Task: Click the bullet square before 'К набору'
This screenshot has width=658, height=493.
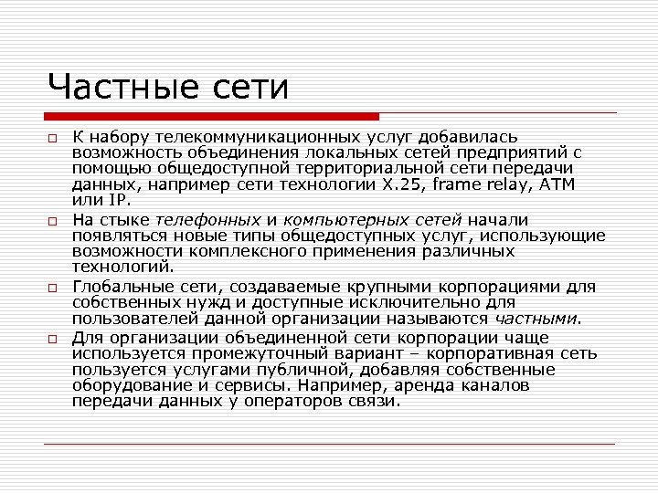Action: coord(54,137)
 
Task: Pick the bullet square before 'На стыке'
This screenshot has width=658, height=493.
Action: coord(54,220)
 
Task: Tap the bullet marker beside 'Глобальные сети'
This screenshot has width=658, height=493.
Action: coord(54,287)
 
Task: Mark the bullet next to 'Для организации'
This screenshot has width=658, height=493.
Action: coord(54,338)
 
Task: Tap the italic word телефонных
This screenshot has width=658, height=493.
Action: coord(207,220)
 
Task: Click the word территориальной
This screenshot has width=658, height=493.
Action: coord(338,168)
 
